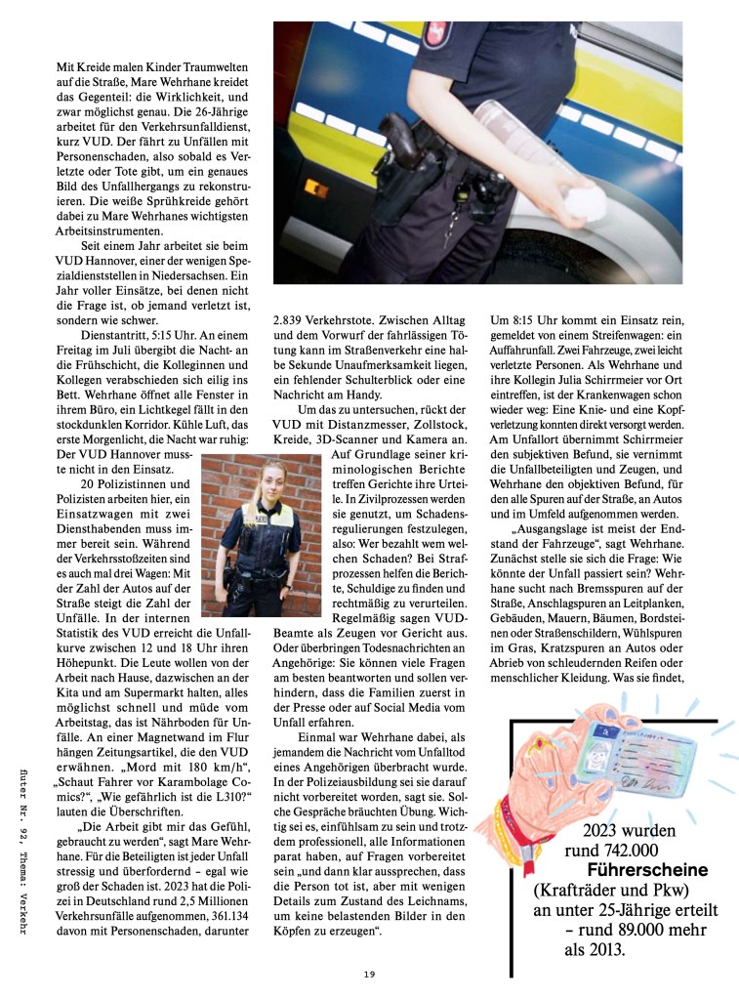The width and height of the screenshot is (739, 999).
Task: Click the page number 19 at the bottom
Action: tap(369, 974)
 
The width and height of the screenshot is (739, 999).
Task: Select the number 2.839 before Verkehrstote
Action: tap(290, 317)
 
